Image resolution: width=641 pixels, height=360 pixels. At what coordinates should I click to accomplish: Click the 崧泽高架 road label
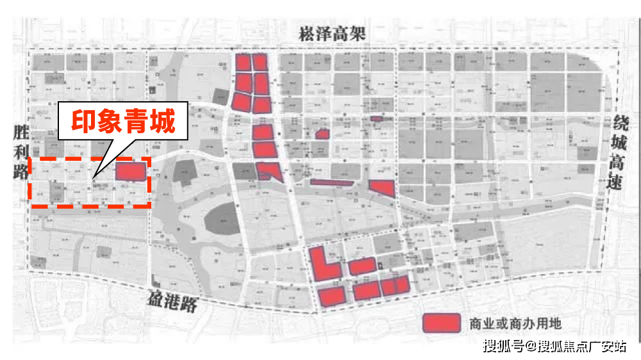(x=332, y=34)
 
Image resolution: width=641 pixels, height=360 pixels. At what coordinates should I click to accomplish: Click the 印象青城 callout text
(x=122, y=122)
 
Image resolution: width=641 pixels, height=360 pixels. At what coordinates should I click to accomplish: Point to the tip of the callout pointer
(x=94, y=176)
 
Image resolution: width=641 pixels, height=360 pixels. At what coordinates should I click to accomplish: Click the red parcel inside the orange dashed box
(x=131, y=172)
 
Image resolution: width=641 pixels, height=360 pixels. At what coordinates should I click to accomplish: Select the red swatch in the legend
(x=442, y=323)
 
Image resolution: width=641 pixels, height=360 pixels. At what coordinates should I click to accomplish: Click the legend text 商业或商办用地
(x=515, y=323)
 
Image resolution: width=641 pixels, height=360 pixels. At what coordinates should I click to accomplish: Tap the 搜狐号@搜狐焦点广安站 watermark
(x=554, y=347)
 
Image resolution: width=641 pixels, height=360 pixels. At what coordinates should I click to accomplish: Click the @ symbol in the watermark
(x=531, y=347)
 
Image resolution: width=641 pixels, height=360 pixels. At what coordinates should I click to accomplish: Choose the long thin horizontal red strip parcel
(x=331, y=183)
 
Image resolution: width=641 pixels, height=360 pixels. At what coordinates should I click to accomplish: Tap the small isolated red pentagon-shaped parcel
(x=322, y=134)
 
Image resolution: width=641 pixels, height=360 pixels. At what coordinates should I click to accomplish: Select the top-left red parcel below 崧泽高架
(x=244, y=62)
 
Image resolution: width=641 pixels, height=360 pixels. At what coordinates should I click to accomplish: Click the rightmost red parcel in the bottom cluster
(x=402, y=284)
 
